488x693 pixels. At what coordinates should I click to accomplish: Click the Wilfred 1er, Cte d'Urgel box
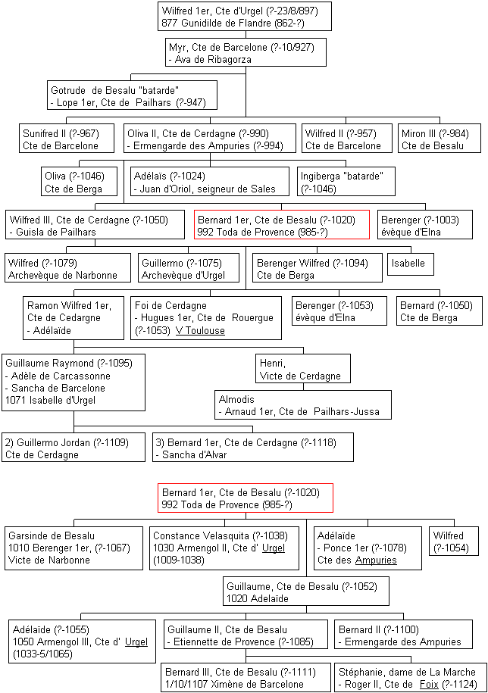245,17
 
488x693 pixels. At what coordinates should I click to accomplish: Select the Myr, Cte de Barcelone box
246,53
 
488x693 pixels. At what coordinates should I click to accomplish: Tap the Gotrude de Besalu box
132,96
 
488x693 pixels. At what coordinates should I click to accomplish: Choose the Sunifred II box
67,139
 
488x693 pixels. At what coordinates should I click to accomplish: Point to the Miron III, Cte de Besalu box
440,139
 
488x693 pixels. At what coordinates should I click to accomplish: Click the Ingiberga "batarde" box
346,182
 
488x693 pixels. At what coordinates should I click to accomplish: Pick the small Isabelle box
411,264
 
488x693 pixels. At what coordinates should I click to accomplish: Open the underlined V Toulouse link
200,330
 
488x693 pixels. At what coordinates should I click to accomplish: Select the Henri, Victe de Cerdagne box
303,369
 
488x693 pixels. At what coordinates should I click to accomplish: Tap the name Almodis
236,399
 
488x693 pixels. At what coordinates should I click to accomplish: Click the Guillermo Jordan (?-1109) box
74,448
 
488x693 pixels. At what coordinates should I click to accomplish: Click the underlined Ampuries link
376,560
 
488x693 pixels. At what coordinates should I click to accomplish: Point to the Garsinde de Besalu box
74,548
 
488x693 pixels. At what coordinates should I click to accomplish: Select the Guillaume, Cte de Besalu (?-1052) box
306,592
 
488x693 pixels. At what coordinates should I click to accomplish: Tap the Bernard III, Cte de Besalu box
246,677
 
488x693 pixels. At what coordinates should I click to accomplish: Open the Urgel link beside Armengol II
274,548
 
